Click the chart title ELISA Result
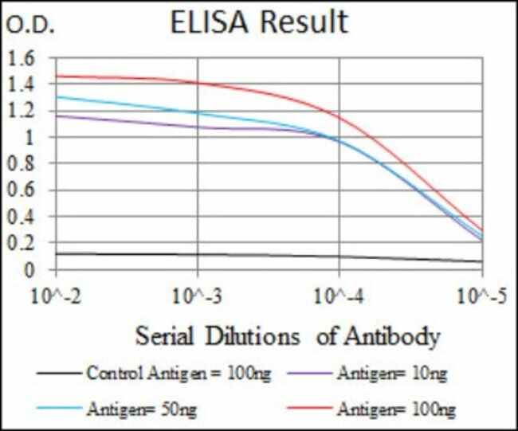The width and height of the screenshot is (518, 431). coord(260,22)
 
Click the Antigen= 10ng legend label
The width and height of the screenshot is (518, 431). coord(387,372)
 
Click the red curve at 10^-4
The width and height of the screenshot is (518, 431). coord(340,117)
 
